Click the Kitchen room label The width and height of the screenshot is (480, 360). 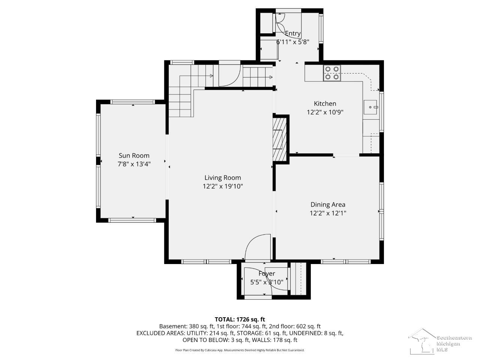click(x=325, y=103)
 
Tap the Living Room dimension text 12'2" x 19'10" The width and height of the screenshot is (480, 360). click(x=223, y=186)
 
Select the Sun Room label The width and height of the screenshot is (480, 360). click(x=134, y=155)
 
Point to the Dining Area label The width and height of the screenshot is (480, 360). click(x=328, y=205)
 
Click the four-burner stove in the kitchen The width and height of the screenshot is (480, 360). click(x=332, y=73)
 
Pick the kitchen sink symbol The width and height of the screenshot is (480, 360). click(x=370, y=107)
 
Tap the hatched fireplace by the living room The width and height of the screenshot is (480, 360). click(x=279, y=139)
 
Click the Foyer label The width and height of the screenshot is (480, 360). click(x=267, y=274)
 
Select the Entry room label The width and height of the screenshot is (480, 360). click(x=293, y=33)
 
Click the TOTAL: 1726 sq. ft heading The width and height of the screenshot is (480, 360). click(x=240, y=319)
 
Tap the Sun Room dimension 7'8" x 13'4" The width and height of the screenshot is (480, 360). click(x=134, y=164)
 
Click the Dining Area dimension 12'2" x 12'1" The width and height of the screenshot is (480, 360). click(x=328, y=213)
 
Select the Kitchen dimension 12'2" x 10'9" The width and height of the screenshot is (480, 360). click(x=325, y=112)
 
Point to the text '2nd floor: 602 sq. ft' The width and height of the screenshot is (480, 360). click(x=295, y=326)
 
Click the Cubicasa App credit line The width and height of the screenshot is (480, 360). click(x=240, y=350)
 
